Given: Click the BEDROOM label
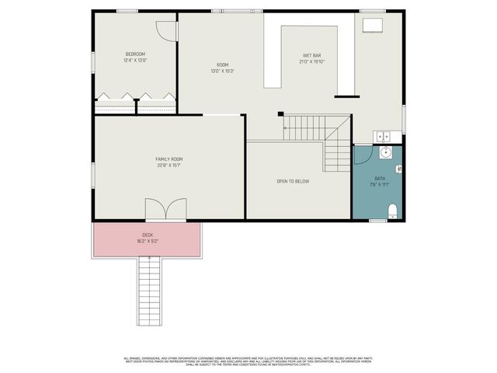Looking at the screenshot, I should tap(135, 54).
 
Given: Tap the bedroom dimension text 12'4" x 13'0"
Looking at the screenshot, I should tap(135, 60).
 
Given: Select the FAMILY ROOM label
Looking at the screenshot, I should tap(169, 159).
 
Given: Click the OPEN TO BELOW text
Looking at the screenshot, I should tap(293, 181).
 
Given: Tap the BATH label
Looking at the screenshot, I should tap(379, 178).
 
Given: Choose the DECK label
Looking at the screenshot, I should tap(148, 235).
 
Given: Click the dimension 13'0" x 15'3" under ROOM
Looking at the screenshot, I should tap(222, 71).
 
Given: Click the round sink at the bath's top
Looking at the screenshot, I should tap(385, 153).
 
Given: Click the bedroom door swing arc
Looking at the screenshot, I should tap(165, 29).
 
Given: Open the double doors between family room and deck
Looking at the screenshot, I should tap(165, 210).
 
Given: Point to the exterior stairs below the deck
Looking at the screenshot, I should tap(149, 291).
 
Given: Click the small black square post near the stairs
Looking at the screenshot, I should tap(280, 114).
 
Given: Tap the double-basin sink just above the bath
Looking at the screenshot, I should tap(386, 138).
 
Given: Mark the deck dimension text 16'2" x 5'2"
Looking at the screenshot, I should tap(148, 242).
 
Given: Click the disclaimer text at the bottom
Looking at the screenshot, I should tap(248, 361).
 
